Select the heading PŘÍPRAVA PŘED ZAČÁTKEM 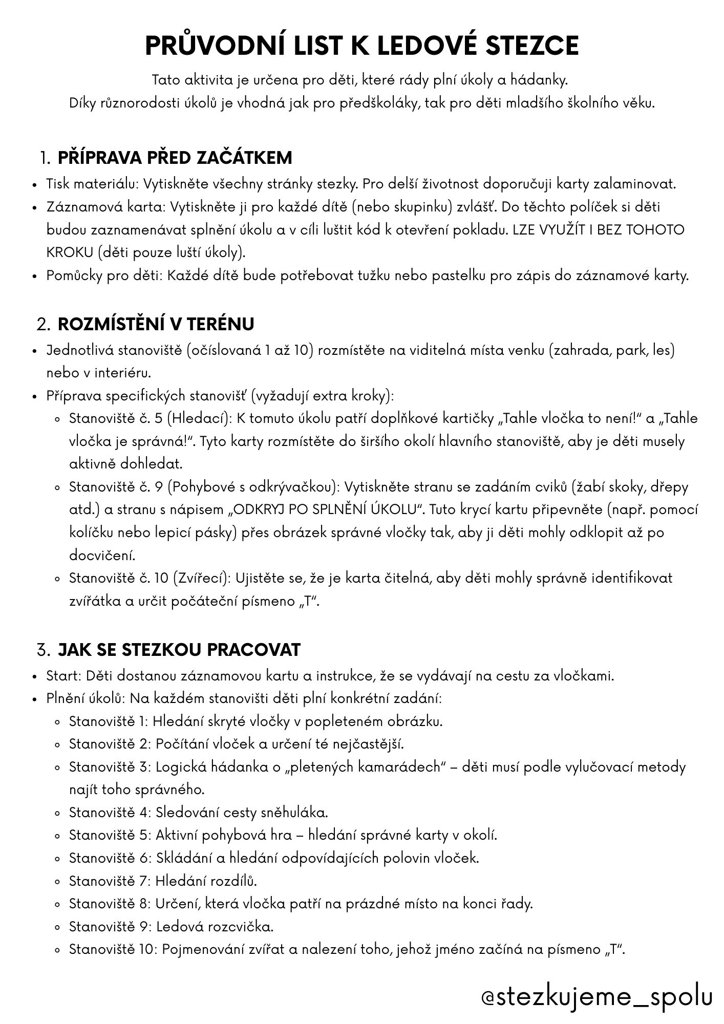175,157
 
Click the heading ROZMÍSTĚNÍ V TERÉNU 156,324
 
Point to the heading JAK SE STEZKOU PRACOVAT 179,650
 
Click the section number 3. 43,650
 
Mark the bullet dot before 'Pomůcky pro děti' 35,276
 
